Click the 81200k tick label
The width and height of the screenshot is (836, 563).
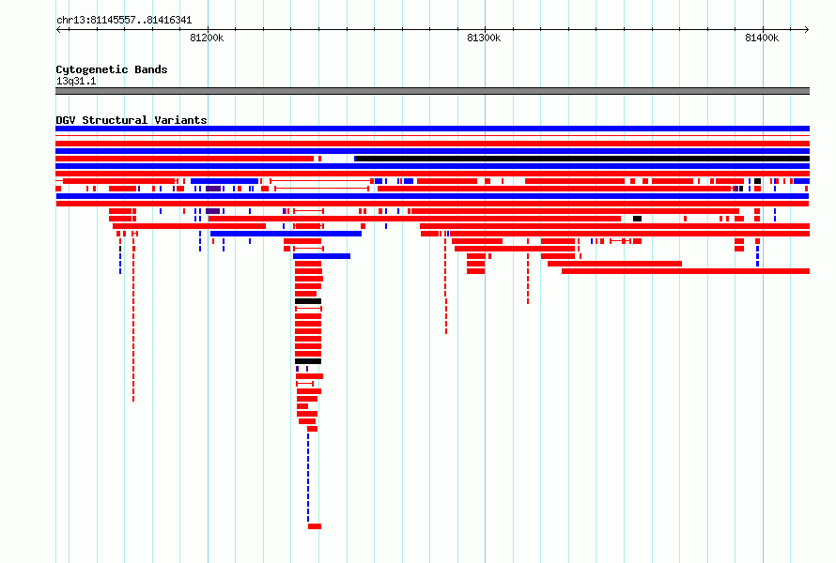point(207,38)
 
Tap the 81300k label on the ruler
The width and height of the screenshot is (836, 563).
point(484,38)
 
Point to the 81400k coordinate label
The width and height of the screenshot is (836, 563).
point(762,38)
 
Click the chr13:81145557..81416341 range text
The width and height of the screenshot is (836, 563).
point(124,21)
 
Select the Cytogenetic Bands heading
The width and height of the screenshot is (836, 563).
point(112,69)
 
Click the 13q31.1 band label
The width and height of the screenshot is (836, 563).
point(76,81)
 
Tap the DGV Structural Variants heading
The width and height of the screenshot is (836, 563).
point(132,120)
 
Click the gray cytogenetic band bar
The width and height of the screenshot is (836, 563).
point(432,91)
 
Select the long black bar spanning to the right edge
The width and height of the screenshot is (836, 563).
point(582,159)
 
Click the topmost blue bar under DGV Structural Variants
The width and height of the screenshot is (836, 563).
point(432,129)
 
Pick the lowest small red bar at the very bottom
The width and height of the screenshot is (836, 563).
point(315,526)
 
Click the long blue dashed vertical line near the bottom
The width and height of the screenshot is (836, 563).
point(308,478)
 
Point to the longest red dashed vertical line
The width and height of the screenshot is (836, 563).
point(133,321)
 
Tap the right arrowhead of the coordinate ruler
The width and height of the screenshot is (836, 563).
point(807,30)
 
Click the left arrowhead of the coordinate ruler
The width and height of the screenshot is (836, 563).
point(58,30)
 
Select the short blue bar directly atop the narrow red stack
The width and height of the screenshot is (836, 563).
point(321,256)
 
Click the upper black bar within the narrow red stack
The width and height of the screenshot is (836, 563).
point(308,301)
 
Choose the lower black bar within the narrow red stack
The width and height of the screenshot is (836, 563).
point(308,361)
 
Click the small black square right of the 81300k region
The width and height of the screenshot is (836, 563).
point(637,219)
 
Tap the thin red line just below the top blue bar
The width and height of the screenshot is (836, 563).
point(432,136)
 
